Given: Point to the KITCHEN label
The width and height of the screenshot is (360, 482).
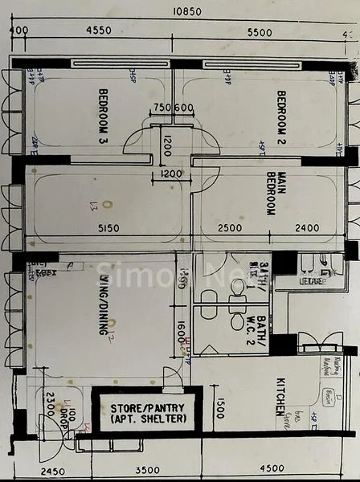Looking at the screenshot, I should click(280, 395).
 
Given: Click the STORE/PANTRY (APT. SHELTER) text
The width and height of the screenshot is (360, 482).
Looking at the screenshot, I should click(148, 413).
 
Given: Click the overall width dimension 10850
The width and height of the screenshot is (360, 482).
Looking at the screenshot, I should click(186, 11).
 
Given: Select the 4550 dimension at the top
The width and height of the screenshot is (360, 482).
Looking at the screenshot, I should click(99, 31).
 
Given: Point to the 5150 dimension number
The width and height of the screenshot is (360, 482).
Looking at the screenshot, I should click(108, 228).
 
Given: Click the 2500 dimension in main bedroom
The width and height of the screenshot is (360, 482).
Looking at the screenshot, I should click(230, 228).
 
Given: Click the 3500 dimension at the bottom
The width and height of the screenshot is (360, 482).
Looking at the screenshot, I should click(148, 470).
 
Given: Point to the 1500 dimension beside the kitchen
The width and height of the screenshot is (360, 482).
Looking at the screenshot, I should click(218, 407).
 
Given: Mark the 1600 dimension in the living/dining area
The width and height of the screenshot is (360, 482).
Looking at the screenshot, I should click(182, 330).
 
